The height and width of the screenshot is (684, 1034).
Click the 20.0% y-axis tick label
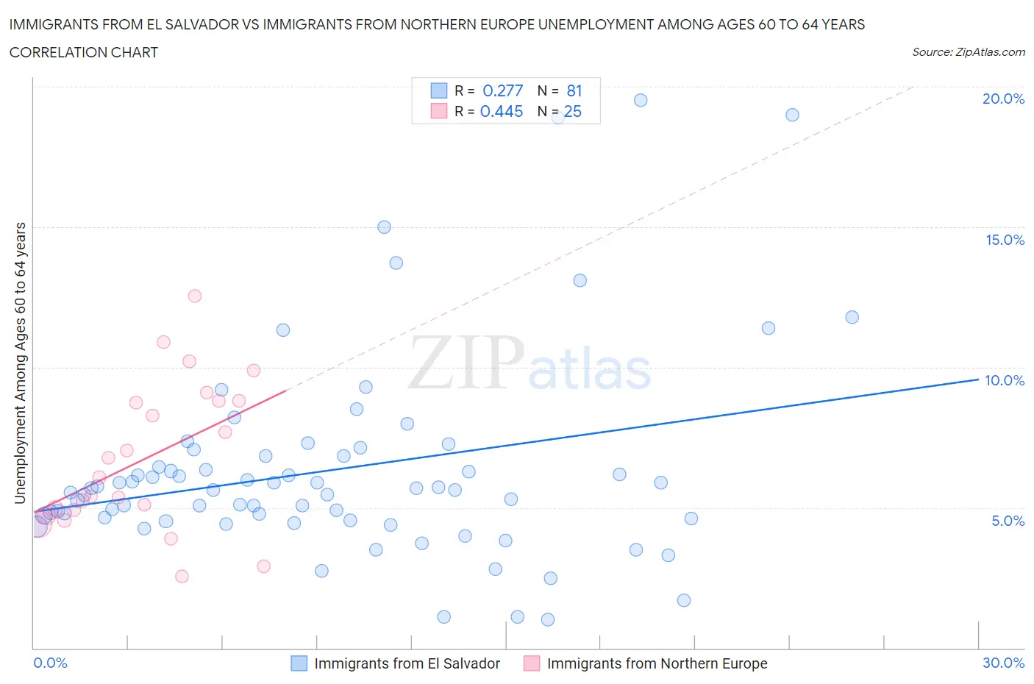tap(1003, 99)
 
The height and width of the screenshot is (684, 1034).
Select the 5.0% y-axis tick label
tap(1008, 521)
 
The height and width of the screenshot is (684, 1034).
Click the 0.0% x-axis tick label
tap(51, 663)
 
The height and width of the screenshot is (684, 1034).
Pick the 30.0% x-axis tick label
tap(1003, 663)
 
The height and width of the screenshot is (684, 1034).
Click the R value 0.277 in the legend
tap(502, 90)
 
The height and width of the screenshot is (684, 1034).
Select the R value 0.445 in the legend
tap(502, 111)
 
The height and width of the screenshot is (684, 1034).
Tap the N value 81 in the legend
tap(574, 90)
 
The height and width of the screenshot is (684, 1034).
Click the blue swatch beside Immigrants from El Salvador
tap(299, 663)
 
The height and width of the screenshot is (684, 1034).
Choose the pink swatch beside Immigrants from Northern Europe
tap(531, 663)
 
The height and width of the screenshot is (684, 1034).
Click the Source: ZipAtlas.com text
tap(968, 52)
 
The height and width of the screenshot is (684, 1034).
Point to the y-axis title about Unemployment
tap(20, 363)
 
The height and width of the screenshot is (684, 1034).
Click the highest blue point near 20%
tap(641, 100)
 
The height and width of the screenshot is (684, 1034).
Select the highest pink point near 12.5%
tap(195, 296)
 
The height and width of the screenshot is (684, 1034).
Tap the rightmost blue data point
tap(852, 317)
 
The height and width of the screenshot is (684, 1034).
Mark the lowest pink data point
tap(182, 576)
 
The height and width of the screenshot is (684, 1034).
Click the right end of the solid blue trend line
tap(978, 379)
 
